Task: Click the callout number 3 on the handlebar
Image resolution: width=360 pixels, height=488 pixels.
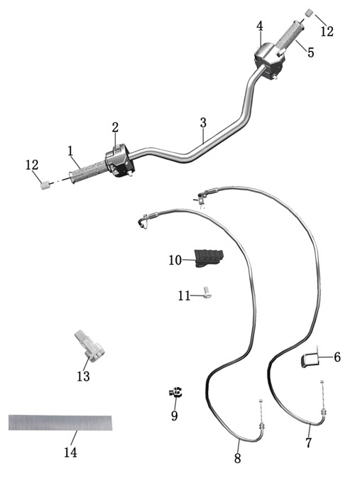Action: (x=203, y=123)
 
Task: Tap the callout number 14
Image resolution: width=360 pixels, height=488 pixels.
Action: (x=70, y=452)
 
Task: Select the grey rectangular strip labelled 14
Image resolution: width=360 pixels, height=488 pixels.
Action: (x=60, y=423)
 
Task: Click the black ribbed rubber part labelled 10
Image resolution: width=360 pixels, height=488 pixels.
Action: (x=209, y=259)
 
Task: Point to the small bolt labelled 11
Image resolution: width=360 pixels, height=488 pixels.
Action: (x=207, y=293)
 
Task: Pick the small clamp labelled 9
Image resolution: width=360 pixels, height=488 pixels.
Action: (x=176, y=392)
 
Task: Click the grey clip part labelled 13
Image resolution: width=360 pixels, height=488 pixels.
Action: (x=89, y=347)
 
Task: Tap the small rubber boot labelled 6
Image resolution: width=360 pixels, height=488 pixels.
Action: (x=310, y=360)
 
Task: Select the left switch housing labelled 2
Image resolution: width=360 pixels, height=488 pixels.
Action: (x=120, y=161)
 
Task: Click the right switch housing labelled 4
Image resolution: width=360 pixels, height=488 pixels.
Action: (x=269, y=61)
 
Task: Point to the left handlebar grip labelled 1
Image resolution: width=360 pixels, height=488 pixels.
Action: (x=88, y=171)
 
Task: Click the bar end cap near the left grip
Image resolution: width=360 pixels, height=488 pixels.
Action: (x=45, y=185)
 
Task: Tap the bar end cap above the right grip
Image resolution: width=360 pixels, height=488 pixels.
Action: (x=309, y=13)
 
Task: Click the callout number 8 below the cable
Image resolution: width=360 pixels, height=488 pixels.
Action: (x=237, y=458)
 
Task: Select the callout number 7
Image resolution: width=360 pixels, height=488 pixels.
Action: (x=308, y=443)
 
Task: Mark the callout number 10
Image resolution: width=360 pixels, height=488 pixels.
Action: (x=175, y=260)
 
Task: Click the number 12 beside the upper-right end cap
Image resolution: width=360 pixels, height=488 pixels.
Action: (x=327, y=31)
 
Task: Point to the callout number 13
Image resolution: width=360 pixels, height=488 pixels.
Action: (x=83, y=376)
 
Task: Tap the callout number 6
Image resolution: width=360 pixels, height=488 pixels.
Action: (x=337, y=357)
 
